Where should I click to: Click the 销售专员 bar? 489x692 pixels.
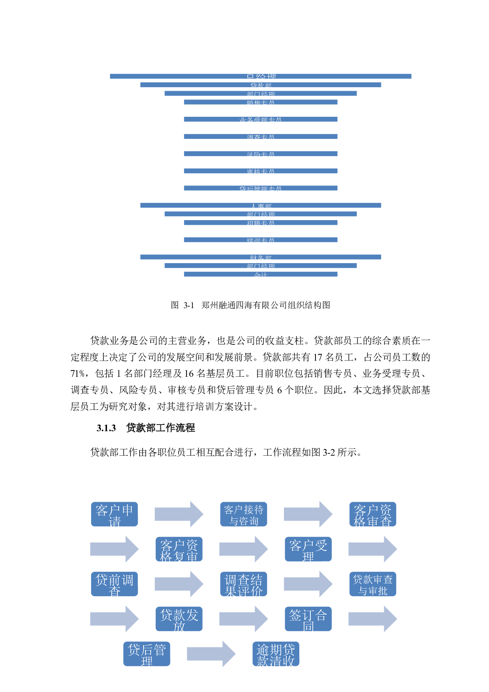(x=261, y=102)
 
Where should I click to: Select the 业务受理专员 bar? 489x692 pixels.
(x=261, y=119)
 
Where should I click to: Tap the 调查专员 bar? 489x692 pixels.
(x=261, y=137)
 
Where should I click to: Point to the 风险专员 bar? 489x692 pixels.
(x=261, y=154)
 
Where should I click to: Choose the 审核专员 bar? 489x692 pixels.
(x=261, y=171)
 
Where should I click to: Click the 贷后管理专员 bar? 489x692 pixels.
(x=261, y=188)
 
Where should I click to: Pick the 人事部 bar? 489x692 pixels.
(x=261, y=205)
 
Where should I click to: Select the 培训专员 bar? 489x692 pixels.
(x=261, y=240)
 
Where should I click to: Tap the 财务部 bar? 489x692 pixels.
(x=261, y=257)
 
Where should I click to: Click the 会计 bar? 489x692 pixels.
(x=261, y=274)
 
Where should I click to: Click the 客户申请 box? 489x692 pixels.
(x=114, y=514)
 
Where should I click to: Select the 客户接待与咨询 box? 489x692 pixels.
(x=244, y=514)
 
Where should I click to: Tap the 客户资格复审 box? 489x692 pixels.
(x=179, y=549)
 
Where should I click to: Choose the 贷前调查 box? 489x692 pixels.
(x=114, y=584)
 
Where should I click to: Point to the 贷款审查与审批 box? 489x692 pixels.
(x=373, y=584)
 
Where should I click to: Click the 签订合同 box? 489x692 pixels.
(x=308, y=619)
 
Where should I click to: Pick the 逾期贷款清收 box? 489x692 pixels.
(x=276, y=654)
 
